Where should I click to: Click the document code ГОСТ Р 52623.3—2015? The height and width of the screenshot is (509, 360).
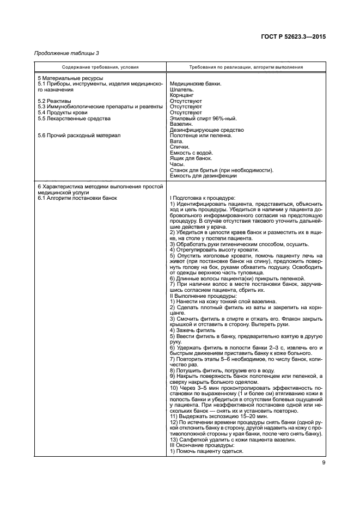[x=296, y=36]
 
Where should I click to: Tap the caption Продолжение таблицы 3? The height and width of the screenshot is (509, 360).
[x=66, y=53]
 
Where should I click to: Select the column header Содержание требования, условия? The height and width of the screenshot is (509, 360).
[x=100, y=68]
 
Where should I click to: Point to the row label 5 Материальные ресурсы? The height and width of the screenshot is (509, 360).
[x=66, y=78]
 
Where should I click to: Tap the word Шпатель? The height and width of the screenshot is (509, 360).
[x=182, y=89]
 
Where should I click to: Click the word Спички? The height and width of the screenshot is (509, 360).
[x=180, y=147]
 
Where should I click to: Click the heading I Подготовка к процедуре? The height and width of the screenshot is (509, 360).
[x=202, y=198]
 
